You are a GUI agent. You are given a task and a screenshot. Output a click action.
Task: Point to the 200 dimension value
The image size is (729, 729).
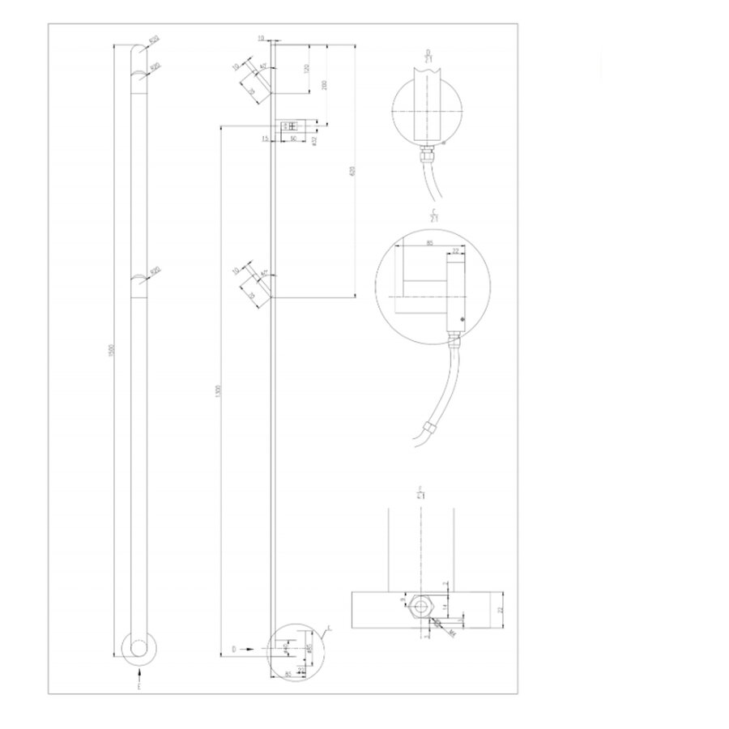[325, 84]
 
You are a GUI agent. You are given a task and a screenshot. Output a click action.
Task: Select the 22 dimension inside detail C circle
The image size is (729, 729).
[455, 253]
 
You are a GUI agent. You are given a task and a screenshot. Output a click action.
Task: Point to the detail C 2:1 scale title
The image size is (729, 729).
[434, 215]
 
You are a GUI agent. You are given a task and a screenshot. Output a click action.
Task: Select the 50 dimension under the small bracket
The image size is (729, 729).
[292, 140]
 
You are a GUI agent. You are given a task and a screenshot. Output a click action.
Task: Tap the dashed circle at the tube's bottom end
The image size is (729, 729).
[139, 647]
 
